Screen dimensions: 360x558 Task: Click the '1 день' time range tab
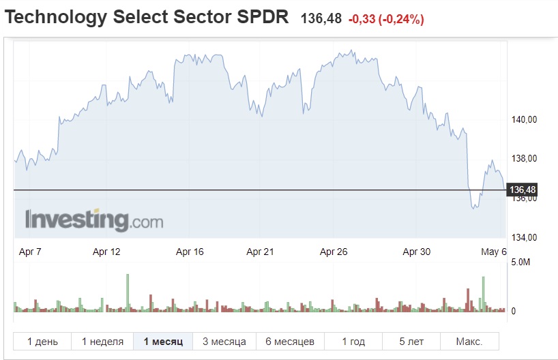[42, 342]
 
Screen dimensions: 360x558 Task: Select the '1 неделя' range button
[102, 342]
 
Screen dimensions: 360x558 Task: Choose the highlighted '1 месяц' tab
[163, 342]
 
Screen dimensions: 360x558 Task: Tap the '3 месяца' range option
[224, 342]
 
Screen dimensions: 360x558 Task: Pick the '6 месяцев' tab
[290, 342]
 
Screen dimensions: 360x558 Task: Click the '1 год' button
[353, 342]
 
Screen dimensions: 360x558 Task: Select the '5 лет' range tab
[411, 342]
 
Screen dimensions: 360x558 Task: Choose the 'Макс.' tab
[469, 342]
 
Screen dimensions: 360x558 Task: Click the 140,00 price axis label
[525, 120]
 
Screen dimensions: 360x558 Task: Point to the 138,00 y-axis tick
[525, 159]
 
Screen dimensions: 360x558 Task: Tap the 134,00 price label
[525, 237]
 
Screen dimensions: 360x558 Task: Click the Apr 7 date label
[30, 252]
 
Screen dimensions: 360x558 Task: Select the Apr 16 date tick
[190, 252]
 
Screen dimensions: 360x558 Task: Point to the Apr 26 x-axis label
[334, 252]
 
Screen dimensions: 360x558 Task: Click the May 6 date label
[494, 252]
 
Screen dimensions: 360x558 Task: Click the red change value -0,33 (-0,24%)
[386, 20]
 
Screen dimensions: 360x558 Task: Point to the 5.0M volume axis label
[520, 262]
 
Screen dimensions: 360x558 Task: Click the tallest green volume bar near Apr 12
[127, 292]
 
